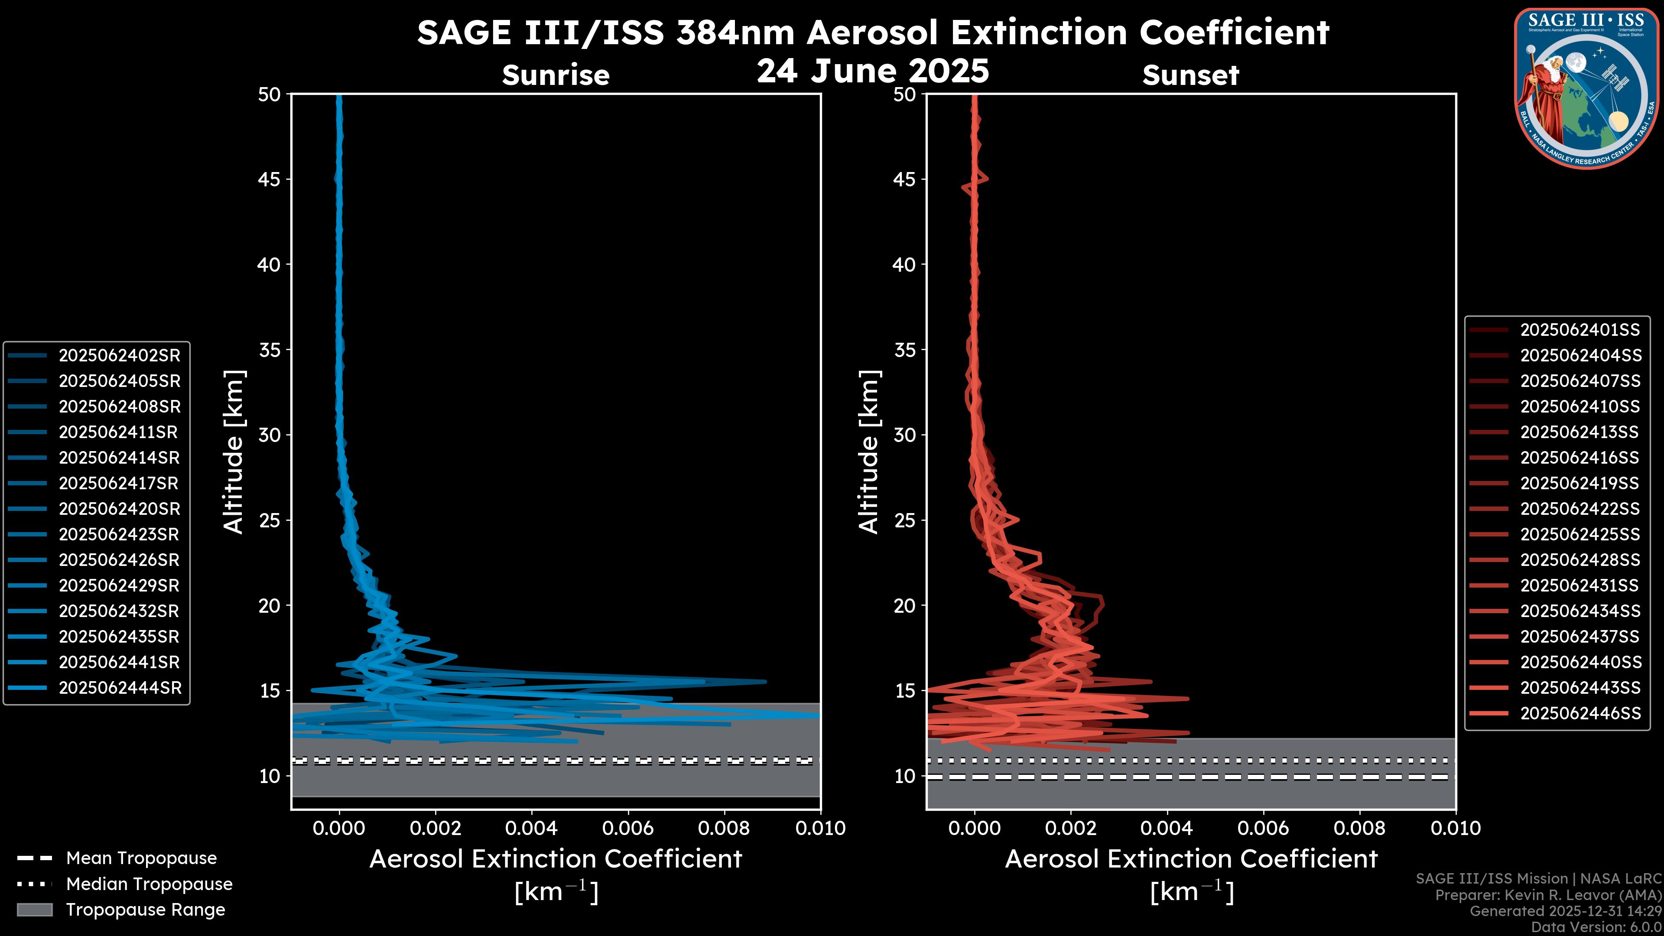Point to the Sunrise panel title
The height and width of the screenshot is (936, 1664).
point(556,75)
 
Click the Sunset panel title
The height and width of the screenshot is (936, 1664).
point(1190,75)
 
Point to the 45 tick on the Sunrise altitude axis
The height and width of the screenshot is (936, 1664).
point(270,179)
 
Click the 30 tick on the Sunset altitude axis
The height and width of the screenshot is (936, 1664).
point(905,435)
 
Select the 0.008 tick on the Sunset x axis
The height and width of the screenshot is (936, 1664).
point(1359,828)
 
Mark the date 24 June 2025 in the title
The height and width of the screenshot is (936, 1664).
point(873,71)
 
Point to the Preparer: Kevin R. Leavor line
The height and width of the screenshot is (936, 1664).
point(1548,895)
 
